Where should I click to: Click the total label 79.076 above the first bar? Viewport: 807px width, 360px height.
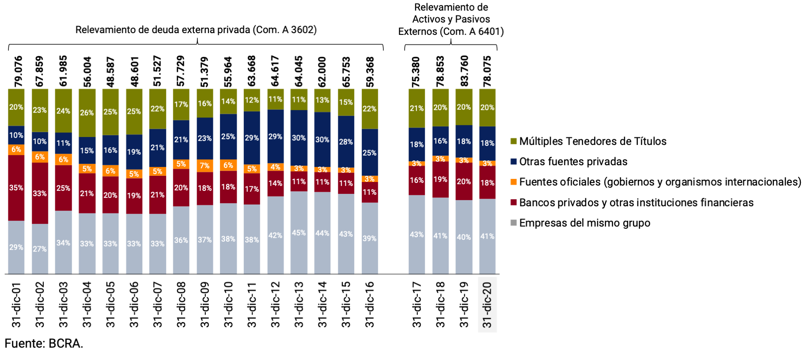click(18, 71)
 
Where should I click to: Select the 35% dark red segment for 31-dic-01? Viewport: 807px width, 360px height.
click(16, 188)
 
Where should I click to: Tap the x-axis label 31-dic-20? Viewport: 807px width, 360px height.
click(487, 305)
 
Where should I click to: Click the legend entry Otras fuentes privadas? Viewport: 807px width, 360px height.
click(573, 162)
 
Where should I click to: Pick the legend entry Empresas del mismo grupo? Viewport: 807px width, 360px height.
click(584, 223)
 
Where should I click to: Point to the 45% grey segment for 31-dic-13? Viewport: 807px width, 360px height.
click(299, 233)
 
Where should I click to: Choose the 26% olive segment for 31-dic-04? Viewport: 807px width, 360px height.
click(87, 113)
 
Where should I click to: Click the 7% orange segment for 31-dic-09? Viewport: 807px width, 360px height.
click(205, 166)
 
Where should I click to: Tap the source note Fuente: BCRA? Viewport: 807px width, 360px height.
click(44, 344)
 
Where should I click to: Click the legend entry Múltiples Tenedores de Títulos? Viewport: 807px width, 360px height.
click(592, 141)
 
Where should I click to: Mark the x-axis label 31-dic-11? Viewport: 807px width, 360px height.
click(252, 305)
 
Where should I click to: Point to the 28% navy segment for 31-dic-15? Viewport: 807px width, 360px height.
click(346, 142)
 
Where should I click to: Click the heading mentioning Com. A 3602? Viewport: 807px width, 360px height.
click(196, 30)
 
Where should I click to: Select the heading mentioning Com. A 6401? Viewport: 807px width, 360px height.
click(451, 19)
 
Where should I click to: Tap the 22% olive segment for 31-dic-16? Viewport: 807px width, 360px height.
click(370, 109)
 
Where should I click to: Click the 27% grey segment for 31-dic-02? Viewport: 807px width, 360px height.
click(40, 249)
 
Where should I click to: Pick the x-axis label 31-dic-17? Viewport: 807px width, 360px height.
click(417, 305)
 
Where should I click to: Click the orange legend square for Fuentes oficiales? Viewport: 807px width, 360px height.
click(514, 182)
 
